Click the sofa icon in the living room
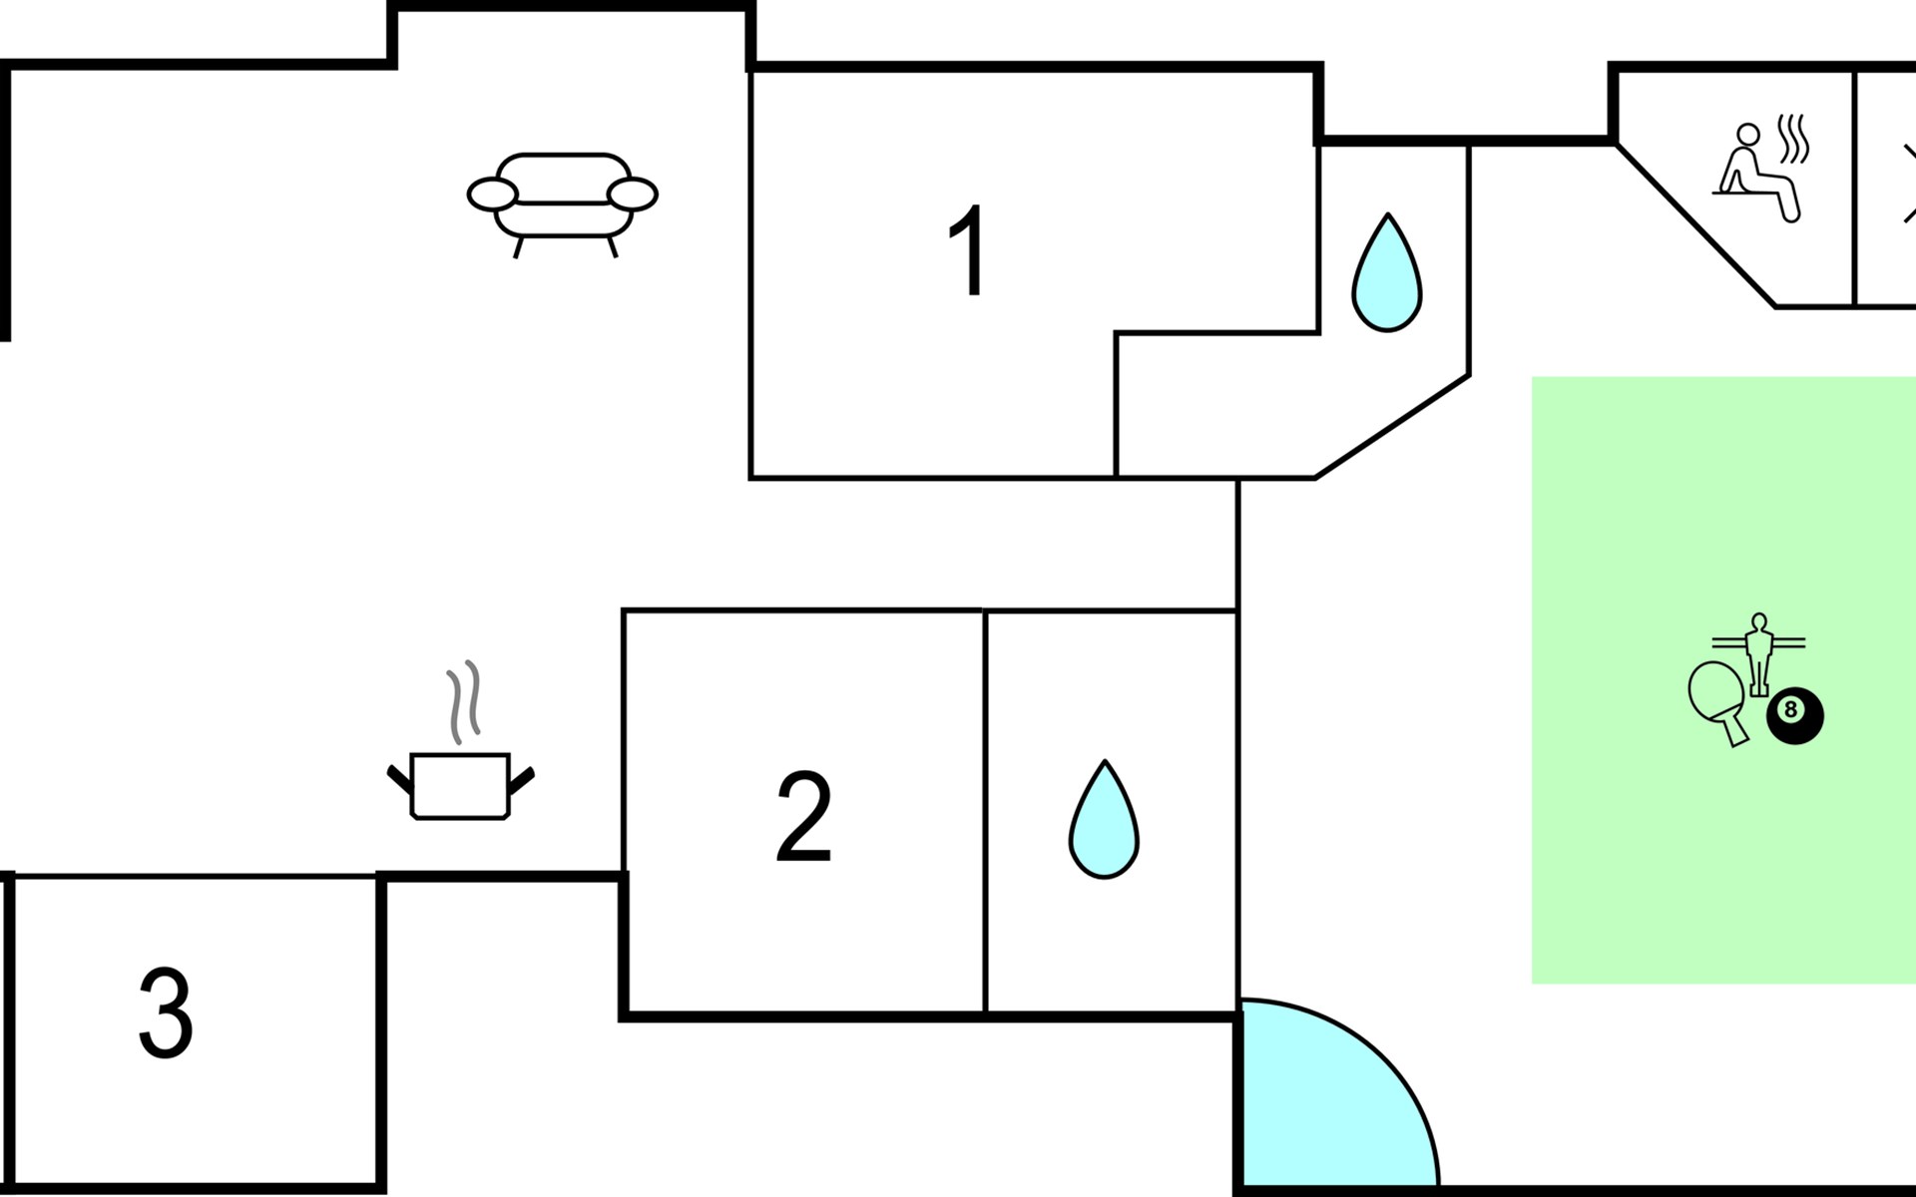point(562,204)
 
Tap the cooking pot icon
point(461,787)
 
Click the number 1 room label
point(966,250)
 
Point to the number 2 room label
point(803,817)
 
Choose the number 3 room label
point(165,1012)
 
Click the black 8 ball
point(1795,715)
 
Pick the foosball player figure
point(1758,654)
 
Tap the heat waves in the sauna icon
point(1794,139)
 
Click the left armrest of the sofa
point(493,195)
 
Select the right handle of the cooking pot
point(522,780)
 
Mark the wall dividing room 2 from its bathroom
point(985,812)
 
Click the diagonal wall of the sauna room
point(1694,224)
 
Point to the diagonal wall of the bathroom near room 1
point(1392,427)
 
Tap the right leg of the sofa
point(612,246)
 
